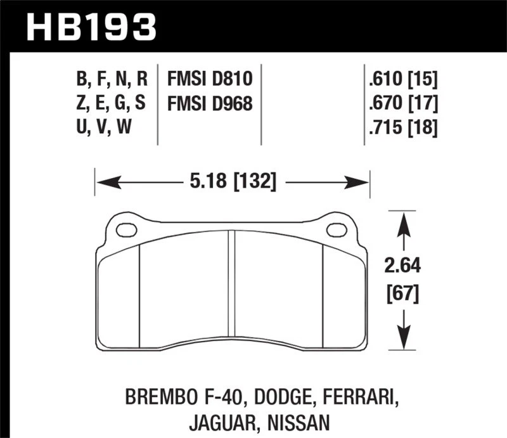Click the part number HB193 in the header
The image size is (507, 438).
[91, 27]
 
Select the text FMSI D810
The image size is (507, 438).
[210, 79]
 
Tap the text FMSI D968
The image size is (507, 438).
[210, 103]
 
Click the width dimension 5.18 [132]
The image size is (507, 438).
[232, 183]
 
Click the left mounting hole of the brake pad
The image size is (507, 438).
[127, 230]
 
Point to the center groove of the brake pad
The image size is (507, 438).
[231, 288]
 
